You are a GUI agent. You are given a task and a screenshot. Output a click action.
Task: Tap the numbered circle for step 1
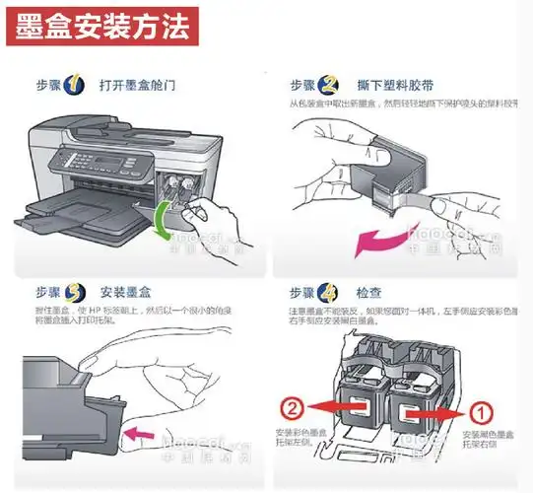[75, 85]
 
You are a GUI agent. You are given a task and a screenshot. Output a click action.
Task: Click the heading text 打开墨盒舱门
[137, 86]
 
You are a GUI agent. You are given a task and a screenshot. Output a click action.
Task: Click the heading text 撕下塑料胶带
[391, 86]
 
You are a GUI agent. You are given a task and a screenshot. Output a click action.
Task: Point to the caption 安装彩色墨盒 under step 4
[300, 433]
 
